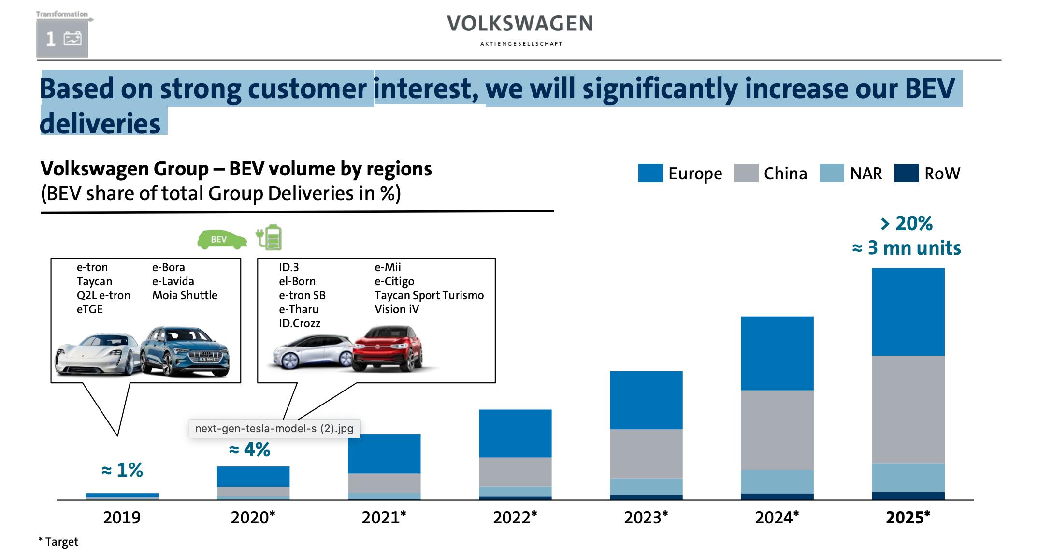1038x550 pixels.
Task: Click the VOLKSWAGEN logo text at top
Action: coord(519,24)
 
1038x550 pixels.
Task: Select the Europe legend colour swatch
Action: coord(650,173)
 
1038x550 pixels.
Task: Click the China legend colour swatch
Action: coord(746,173)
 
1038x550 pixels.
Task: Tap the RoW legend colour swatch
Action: coord(906,173)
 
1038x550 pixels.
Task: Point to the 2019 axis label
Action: coord(122,518)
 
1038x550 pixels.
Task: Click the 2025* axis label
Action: coord(908,518)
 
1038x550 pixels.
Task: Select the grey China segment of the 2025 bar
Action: coord(908,409)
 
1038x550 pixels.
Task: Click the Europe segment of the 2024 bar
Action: coord(777,353)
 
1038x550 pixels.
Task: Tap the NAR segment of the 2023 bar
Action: coord(646,487)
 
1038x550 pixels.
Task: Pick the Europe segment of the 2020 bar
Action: coord(253,477)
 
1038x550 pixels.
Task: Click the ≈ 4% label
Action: coord(249,450)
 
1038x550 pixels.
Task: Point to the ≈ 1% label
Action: coord(122,470)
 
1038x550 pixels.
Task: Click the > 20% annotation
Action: coord(907,223)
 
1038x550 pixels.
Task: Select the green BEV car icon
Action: coord(222,239)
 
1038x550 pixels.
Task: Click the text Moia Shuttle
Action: coord(185,295)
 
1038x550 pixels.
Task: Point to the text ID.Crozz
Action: coord(300,323)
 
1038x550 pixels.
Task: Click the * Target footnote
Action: coord(58,542)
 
